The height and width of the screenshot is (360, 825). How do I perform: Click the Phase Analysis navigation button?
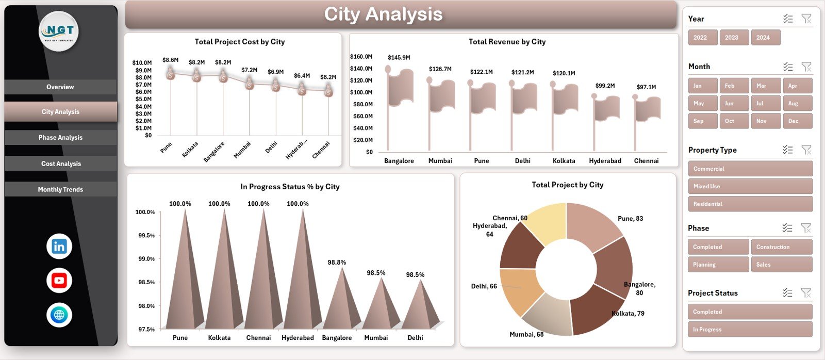click(x=60, y=138)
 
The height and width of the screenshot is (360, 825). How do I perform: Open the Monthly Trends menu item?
click(x=60, y=189)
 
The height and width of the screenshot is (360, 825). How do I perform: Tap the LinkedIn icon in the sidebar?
click(x=59, y=247)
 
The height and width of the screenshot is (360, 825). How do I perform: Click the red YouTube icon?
click(x=59, y=281)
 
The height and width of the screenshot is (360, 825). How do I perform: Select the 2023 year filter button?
click(x=733, y=38)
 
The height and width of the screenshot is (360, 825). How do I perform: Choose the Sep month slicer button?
click(x=702, y=121)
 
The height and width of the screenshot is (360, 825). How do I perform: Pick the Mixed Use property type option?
click(x=750, y=186)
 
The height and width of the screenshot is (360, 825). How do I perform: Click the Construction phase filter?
click(x=781, y=247)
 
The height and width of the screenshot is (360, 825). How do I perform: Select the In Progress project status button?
click(x=750, y=330)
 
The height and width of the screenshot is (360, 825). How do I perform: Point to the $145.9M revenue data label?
click(x=399, y=57)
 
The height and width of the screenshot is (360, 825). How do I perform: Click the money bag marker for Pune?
click(x=171, y=75)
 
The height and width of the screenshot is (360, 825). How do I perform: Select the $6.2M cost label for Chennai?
click(x=328, y=77)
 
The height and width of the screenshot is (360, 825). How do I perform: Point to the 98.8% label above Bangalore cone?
click(x=337, y=263)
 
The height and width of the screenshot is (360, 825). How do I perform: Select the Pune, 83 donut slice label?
click(x=630, y=219)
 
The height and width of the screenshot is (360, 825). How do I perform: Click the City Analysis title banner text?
click(x=383, y=14)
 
